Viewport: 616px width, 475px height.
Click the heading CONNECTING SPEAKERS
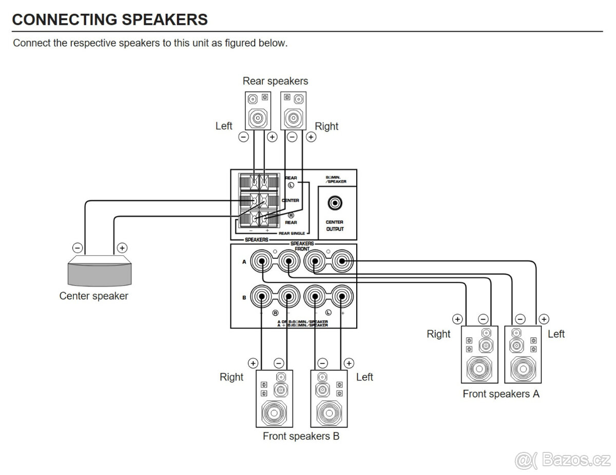tap(109, 20)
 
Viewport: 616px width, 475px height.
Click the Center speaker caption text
tap(94, 296)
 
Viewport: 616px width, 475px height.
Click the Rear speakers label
tap(275, 81)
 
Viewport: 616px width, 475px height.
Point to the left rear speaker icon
tap(257, 110)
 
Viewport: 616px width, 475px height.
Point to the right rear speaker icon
tap(294, 110)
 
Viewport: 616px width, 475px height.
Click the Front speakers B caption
tap(301, 436)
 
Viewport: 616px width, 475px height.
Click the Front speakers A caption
tap(501, 394)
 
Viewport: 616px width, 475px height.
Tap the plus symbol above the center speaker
tap(122, 248)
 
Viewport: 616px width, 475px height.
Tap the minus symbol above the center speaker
tap(77, 248)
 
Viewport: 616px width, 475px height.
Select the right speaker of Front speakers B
tap(274, 398)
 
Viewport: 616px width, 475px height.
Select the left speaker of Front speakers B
tap(329, 398)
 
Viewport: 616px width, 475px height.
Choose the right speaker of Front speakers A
tap(479, 354)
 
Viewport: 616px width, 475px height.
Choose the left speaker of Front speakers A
tap(523, 354)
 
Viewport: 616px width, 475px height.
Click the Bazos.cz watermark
tap(563, 459)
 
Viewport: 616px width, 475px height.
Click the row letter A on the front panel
tap(244, 262)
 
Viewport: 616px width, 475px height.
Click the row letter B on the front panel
tap(244, 297)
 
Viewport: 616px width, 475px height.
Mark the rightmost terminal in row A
tap(341, 261)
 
